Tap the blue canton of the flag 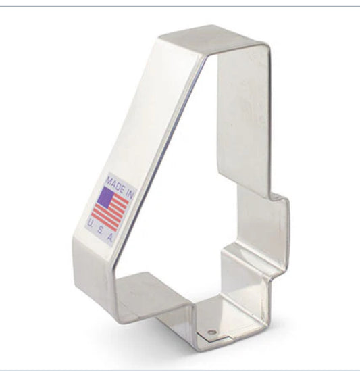[x=106, y=197]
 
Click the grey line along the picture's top [x=180, y=6]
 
